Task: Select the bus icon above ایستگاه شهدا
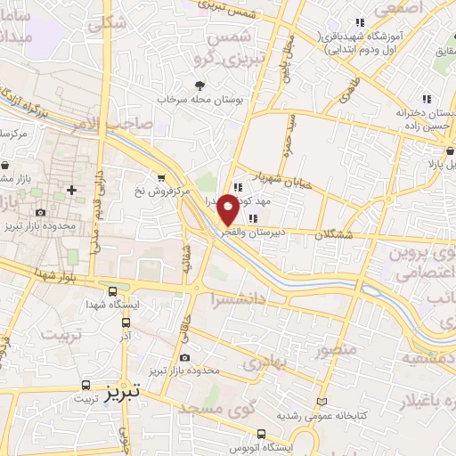tap(112, 290)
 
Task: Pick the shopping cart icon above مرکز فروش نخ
tap(160, 176)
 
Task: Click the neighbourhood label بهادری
tap(262, 362)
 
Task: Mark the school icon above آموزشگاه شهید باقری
tap(360, 21)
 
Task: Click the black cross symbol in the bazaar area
tap(72, 191)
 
